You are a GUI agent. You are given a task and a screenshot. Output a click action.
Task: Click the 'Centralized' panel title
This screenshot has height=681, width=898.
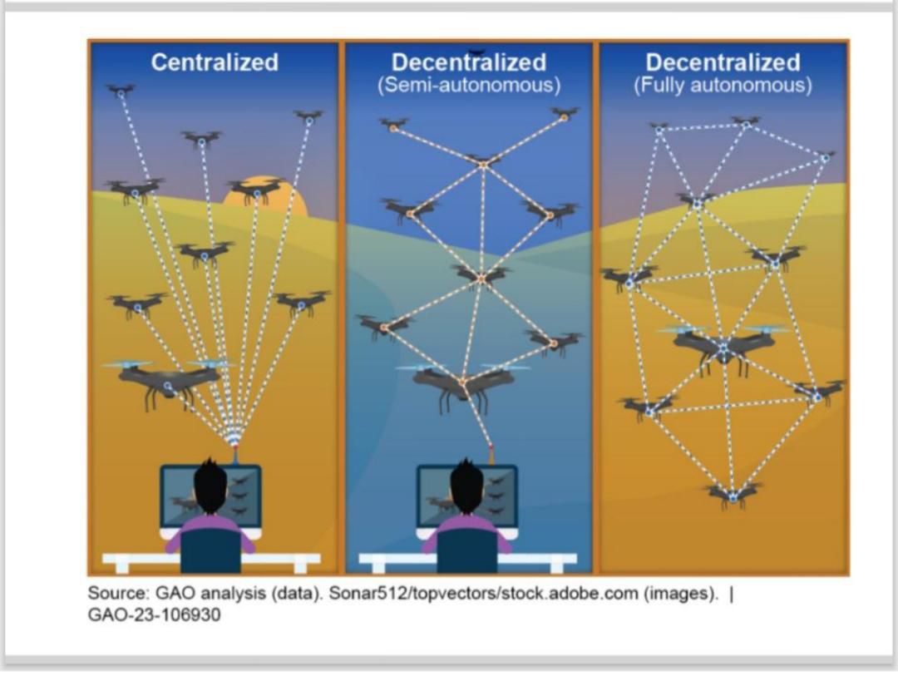(215, 62)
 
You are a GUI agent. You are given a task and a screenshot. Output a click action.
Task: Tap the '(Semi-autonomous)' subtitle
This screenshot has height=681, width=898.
(469, 85)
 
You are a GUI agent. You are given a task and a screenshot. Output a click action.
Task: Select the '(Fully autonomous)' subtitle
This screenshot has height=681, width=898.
(723, 85)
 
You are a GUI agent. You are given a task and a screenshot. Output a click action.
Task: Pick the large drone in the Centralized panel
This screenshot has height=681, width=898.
(169, 379)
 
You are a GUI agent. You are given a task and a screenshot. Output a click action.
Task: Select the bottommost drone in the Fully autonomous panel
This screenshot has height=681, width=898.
(733, 495)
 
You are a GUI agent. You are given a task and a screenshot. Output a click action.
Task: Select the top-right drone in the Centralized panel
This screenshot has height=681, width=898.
(308, 116)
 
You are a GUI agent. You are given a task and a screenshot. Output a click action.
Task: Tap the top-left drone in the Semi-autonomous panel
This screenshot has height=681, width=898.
(393, 125)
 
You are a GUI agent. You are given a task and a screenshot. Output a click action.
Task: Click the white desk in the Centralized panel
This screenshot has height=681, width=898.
(211, 559)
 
